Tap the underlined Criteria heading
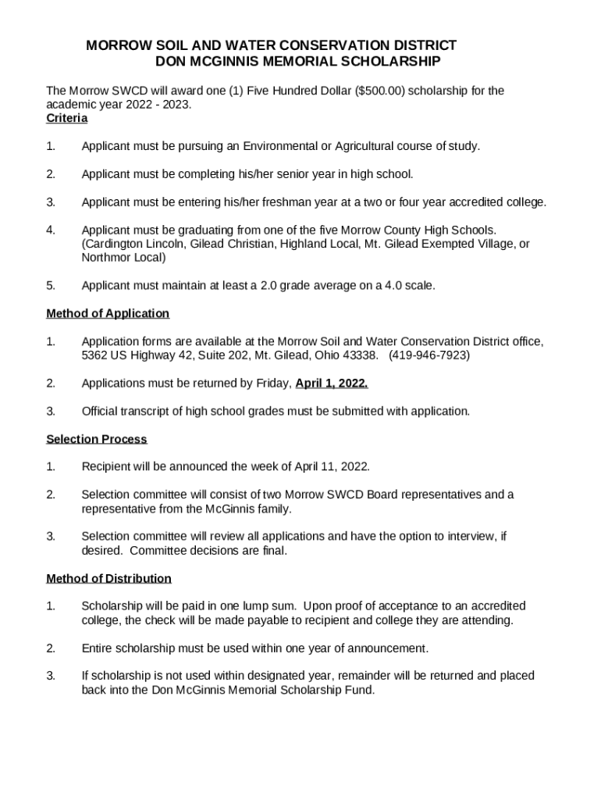pos(67,118)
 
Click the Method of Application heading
pos(108,313)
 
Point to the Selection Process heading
pos(97,439)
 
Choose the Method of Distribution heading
pos(109,578)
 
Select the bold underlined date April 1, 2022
pos(332,383)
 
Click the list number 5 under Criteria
pos(51,286)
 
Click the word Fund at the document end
pos(362,690)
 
